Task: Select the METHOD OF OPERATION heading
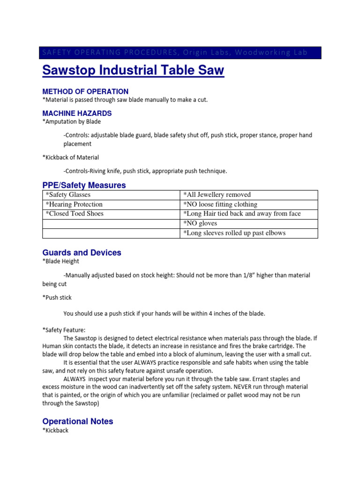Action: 85,91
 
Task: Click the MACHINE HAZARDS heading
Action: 77,113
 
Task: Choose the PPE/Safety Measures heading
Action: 84,185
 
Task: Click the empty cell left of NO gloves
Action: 111,223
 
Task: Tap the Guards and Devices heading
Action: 82,253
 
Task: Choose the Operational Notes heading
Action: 78,421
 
